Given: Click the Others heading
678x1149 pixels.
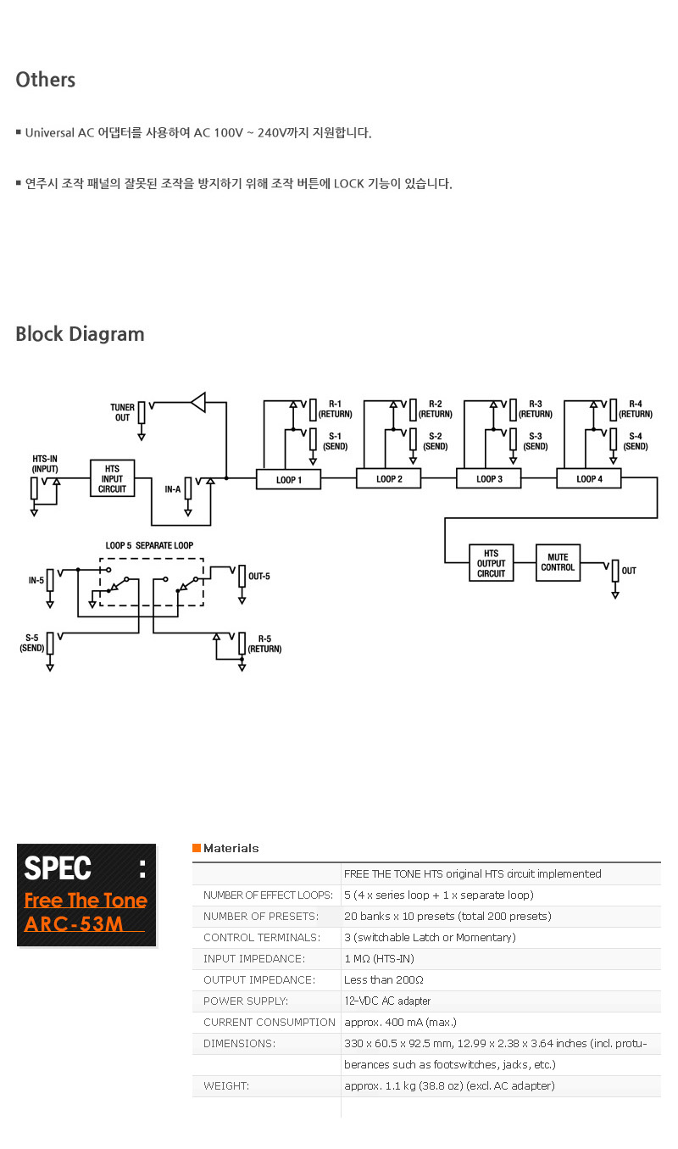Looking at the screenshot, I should (46, 80).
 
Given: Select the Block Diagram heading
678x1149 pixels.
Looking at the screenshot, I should (80, 334).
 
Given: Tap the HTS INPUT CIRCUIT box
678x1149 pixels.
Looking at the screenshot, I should (112, 478).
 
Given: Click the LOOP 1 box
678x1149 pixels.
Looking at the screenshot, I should (289, 479).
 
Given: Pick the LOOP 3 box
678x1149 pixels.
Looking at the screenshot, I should (489, 479).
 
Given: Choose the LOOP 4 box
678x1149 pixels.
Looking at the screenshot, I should (589, 479).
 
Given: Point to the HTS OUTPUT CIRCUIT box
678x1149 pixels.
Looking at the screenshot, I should (492, 563).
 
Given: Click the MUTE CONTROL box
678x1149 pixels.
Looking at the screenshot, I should (558, 562).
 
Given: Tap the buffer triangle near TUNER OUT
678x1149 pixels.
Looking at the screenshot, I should (198, 401).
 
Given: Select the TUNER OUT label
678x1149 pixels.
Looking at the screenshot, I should (122, 412).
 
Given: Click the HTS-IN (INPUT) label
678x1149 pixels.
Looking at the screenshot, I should (45, 463).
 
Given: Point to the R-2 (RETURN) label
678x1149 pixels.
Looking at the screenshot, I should (435, 409).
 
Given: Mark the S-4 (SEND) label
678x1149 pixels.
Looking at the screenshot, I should (636, 441).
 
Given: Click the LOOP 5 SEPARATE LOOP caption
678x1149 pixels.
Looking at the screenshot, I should (154, 545).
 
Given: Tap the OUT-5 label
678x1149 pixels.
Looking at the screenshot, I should (258, 577).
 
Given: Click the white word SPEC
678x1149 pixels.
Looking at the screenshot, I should (58, 868).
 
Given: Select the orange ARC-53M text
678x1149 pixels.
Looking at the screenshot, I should (74, 923).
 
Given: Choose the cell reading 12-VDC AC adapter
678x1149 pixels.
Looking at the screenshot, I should (387, 1001).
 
